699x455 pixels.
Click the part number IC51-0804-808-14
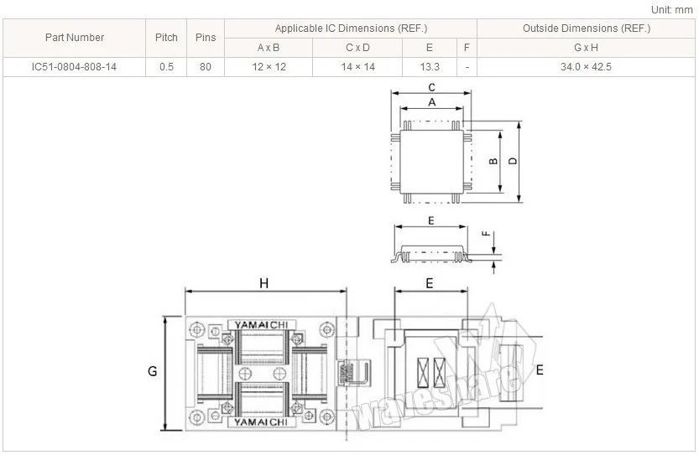click(74, 67)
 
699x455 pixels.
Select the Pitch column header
click(166, 38)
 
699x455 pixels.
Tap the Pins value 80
click(206, 67)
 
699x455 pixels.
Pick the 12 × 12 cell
click(269, 67)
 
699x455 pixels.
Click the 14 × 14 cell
click(358, 67)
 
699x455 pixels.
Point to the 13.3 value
click(430, 67)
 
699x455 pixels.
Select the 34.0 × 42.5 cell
click(586, 67)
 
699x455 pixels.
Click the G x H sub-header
click(586, 48)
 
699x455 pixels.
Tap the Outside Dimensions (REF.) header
click(587, 28)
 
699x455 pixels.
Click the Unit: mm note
click(671, 10)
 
